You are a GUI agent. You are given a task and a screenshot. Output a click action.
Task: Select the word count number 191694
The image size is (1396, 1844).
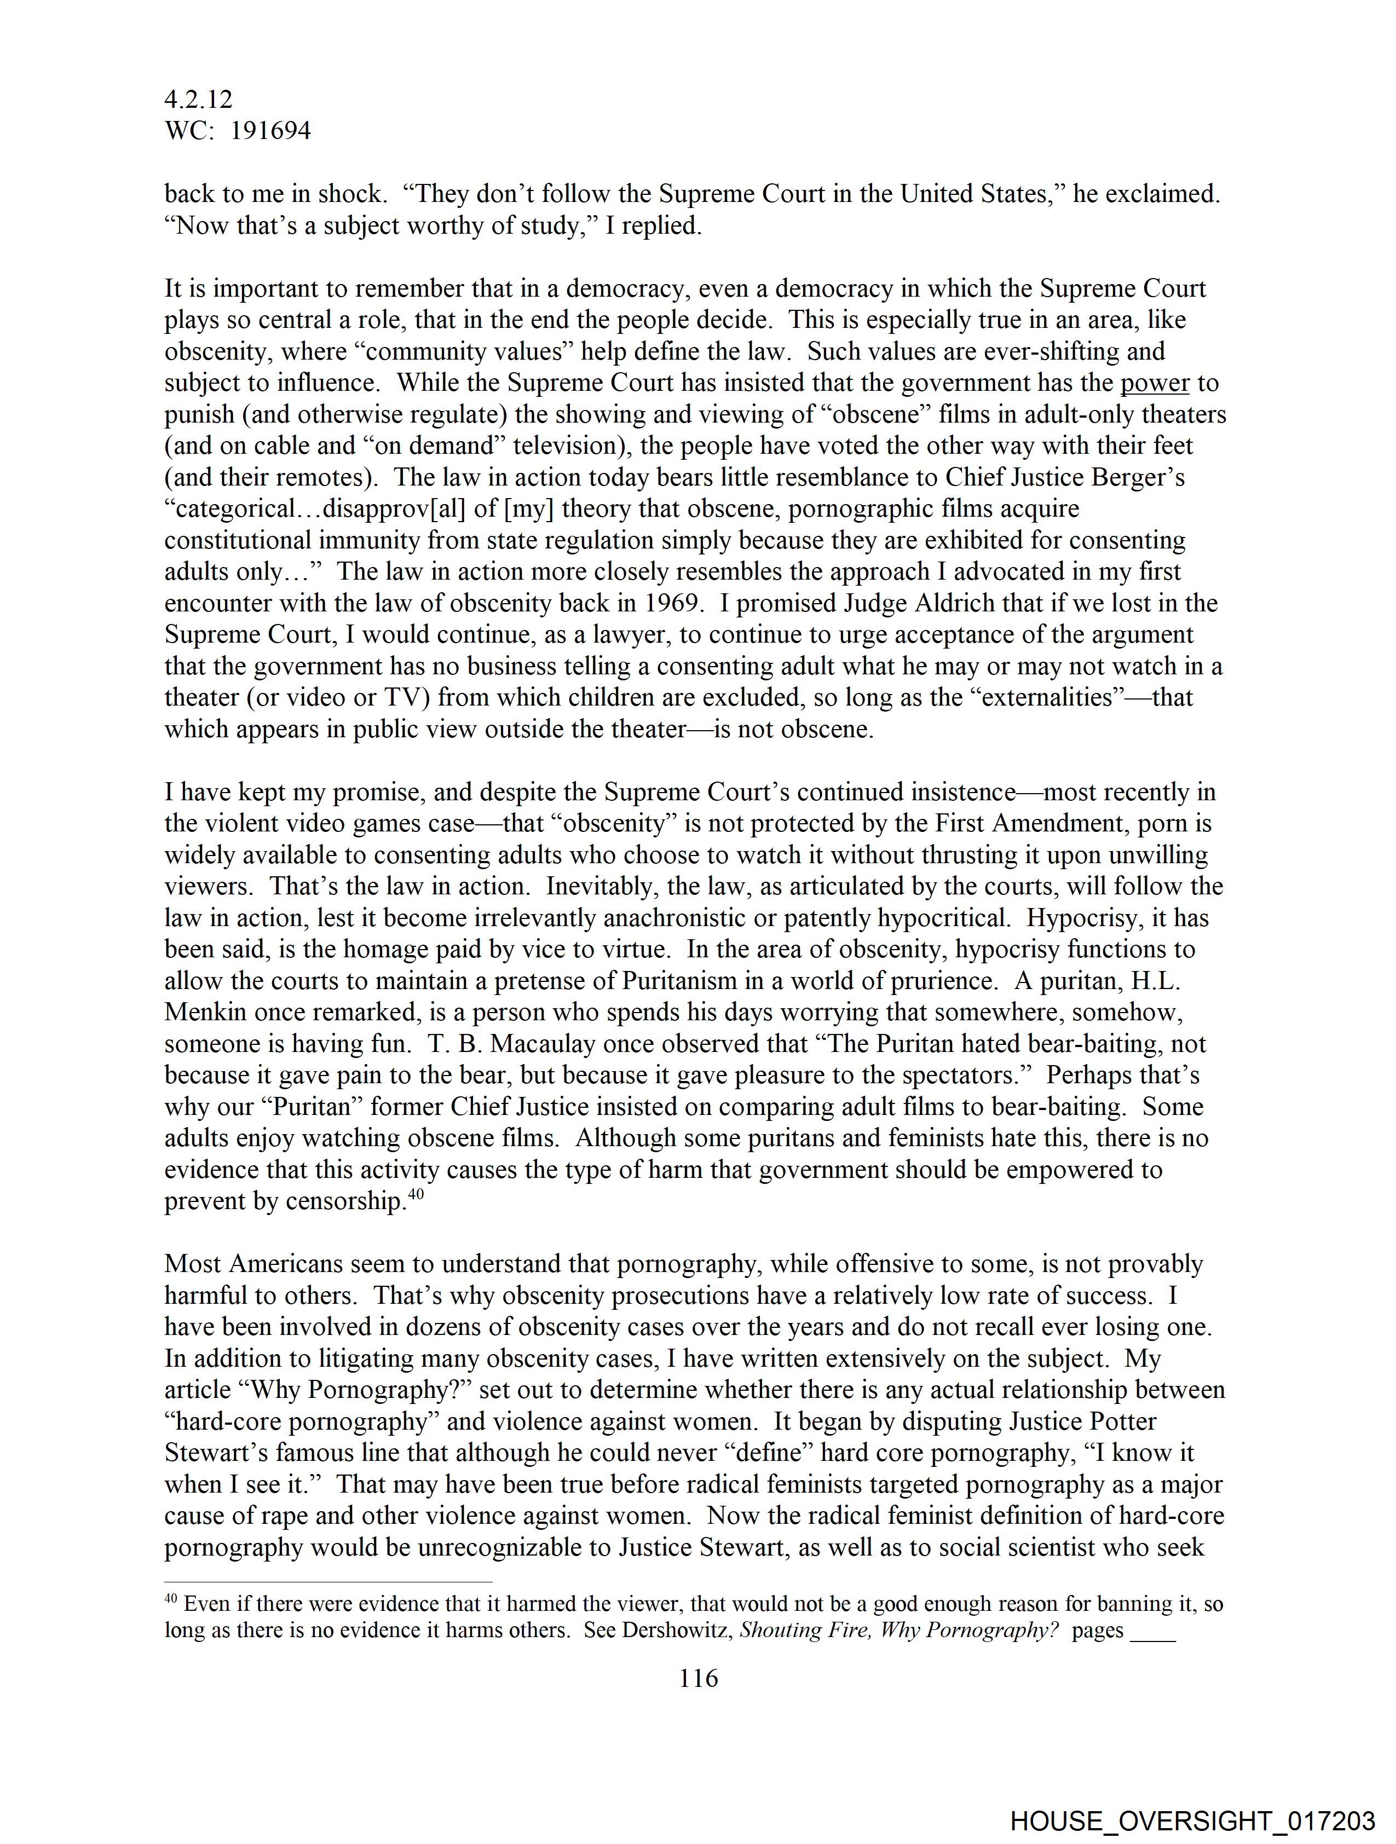click(270, 131)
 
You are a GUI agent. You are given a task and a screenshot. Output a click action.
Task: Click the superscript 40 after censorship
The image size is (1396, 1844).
click(416, 1193)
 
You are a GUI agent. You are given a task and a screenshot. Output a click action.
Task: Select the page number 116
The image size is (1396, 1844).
click(698, 1678)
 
